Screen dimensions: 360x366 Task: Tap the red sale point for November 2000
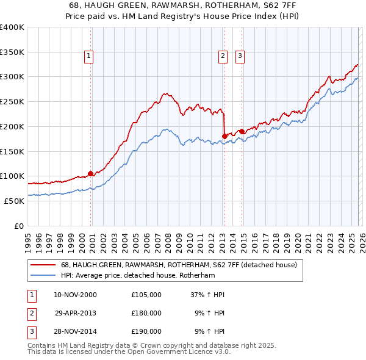tap(91, 173)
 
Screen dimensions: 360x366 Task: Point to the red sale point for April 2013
tap(224, 136)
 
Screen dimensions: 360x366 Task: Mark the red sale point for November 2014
tap(242, 131)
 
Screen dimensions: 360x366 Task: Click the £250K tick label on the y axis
tap(12, 102)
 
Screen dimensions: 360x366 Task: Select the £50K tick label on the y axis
tap(14, 201)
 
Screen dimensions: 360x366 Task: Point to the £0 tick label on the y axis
tap(19, 226)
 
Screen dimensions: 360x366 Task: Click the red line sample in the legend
tap(43, 265)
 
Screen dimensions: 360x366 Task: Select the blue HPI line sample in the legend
tap(43, 275)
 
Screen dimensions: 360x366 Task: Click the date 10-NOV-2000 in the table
tap(75, 295)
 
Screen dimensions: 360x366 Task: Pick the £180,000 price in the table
tap(146, 313)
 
